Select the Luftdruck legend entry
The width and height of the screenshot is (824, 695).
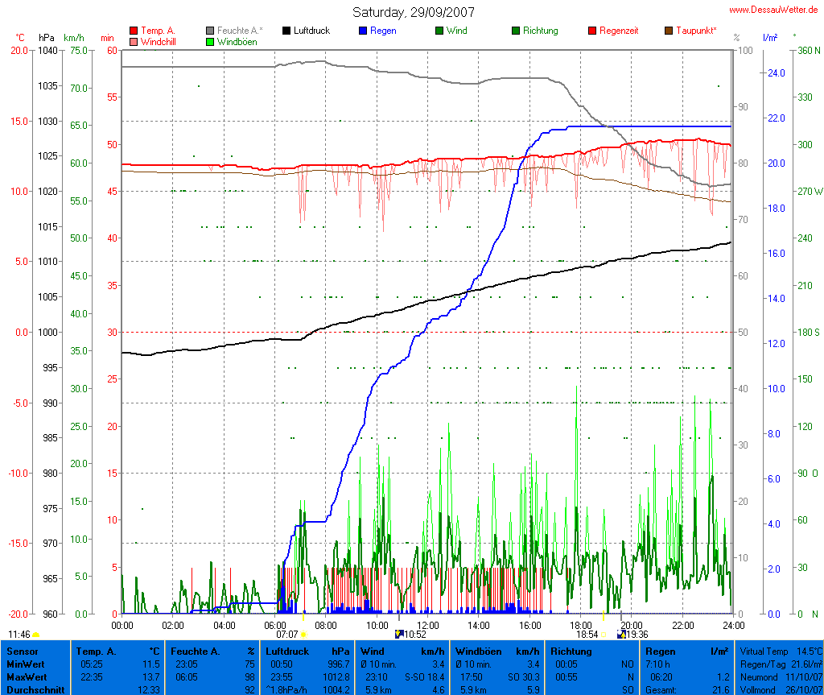pos(306,31)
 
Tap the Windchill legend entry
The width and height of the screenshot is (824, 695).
pos(158,41)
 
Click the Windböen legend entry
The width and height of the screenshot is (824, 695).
pos(237,41)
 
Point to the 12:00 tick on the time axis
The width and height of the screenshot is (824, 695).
pos(427,625)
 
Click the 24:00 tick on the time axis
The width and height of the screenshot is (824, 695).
pos(731,625)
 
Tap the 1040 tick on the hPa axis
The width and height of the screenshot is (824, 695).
pos(47,50)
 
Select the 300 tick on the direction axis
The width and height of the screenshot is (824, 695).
pos(804,144)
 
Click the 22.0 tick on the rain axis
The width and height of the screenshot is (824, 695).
pos(776,118)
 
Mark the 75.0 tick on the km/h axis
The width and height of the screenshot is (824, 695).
pos(77,50)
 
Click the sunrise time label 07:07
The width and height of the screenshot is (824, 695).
pos(286,635)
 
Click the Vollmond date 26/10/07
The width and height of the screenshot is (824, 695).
pos(805,689)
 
